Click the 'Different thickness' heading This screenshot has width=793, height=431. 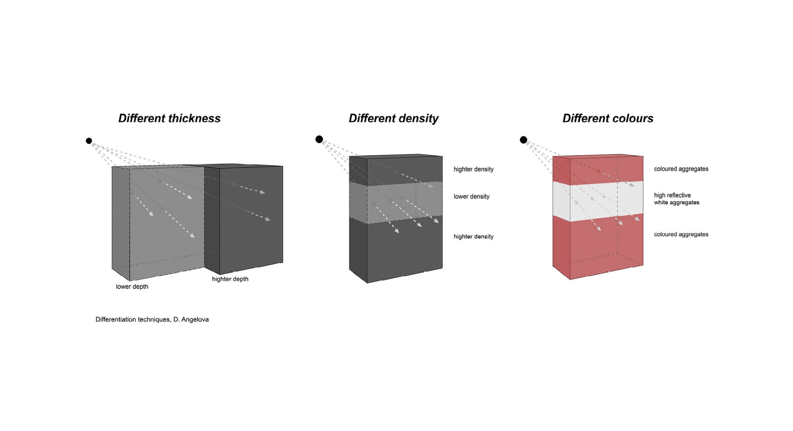169,118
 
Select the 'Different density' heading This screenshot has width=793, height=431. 393,118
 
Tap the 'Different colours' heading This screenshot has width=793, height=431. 608,118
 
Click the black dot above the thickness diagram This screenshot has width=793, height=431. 89,141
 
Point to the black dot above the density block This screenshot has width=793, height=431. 319,139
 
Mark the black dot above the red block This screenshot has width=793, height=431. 523,140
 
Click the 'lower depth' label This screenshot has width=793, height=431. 132,287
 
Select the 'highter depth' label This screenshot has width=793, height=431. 230,279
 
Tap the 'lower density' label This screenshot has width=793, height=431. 471,196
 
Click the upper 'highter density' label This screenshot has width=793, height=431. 473,169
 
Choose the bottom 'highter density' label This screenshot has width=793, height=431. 473,237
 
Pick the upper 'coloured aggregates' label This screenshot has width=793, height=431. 681,169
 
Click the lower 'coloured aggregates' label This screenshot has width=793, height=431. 681,234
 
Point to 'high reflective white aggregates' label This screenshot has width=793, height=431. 676,199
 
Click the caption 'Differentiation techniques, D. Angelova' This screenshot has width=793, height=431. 152,319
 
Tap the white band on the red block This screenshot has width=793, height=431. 598,201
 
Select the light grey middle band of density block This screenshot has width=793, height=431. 396,202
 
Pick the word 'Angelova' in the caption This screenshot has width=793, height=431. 195,319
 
